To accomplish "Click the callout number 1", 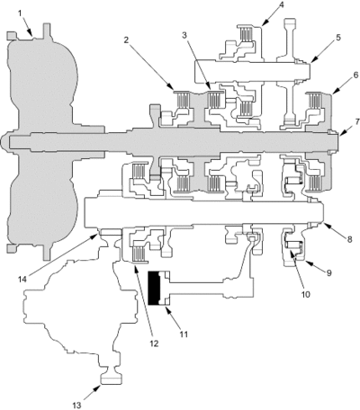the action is [20, 13].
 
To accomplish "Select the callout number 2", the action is [126, 40].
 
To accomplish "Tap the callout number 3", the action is [184, 35].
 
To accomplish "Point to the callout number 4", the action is [282, 4].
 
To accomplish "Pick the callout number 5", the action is [338, 38].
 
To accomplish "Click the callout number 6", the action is [355, 75].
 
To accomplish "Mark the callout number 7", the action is [357, 121].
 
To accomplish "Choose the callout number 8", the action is [349, 239].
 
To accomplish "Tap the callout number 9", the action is [328, 272].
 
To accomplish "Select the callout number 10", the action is [305, 294].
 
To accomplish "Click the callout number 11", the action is [184, 334].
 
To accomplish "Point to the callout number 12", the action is [154, 343].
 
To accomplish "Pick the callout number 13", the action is [77, 406].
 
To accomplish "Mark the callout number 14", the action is [22, 279].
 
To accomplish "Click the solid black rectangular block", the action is [154, 288].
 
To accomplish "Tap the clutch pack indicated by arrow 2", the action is [183, 99].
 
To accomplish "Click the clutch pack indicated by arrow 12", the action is [139, 254].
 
